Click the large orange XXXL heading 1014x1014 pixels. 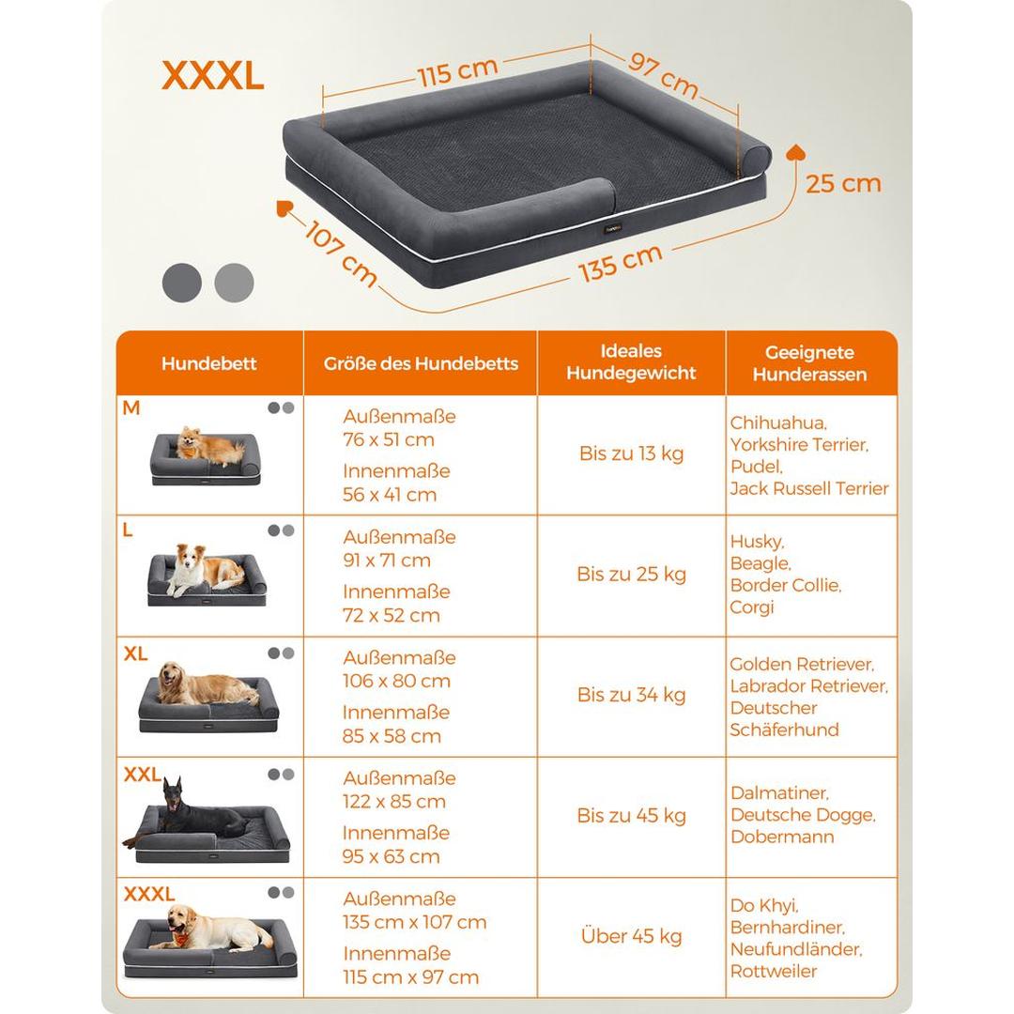[x=213, y=76]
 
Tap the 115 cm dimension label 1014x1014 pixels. [x=458, y=71]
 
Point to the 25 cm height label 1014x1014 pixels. [x=843, y=184]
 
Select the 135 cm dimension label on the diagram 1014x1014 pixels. [x=621, y=263]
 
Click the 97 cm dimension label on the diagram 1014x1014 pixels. [x=664, y=75]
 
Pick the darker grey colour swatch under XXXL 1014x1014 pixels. [x=182, y=283]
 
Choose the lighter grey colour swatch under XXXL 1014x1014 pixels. [x=234, y=283]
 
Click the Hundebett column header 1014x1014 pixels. [x=208, y=363]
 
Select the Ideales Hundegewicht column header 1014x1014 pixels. [x=631, y=362]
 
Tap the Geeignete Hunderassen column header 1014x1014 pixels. [x=809, y=363]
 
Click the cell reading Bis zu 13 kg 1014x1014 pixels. [x=631, y=453]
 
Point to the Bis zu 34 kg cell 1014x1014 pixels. [x=631, y=695]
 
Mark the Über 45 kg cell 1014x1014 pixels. [x=631, y=936]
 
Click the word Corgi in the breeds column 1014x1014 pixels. [x=751, y=607]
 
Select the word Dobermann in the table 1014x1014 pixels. [x=782, y=837]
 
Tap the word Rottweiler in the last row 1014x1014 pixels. [x=774, y=972]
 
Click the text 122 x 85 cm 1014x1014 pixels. [x=394, y=802]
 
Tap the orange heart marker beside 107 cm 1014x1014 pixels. [x=284, y=208]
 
